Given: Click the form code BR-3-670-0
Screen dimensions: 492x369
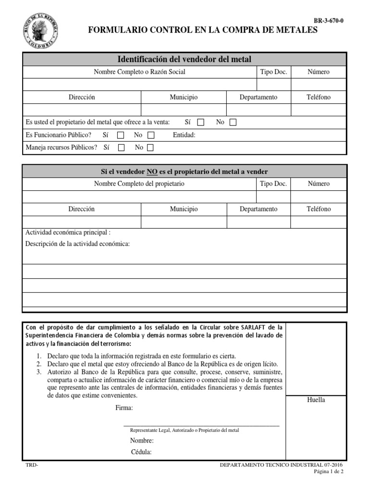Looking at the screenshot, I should pyautogui.click(x=329, y=21).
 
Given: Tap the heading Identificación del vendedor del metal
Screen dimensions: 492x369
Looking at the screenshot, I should pyautogui.click(x=184, y=59).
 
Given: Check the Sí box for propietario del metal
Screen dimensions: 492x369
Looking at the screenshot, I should pyautogui.click(x=201, y=123).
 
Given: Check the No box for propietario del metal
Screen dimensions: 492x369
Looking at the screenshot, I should pyautogui.click(x=233, y=123).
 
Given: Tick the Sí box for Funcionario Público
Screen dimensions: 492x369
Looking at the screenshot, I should pyautogui.click(x=121, y=135).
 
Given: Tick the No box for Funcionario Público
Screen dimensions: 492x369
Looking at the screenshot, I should pyautogui.click(x=151, y=135).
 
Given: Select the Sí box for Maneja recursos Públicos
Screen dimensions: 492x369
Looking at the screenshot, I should pyautogui.click(x=121, y=148).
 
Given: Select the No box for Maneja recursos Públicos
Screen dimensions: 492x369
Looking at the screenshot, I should pyautogui.click(x=151, y=148).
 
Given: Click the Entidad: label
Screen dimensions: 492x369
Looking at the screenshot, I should pyautogui.click(x=184, y=135).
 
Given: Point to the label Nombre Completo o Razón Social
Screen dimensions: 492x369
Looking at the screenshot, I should pyautogui.click(x=139, y=72).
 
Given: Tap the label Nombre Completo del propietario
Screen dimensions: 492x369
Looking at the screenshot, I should pyautogui.click(x=139, y=184).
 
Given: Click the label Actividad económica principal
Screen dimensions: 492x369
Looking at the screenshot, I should pyautogui.click(x=68, y=233).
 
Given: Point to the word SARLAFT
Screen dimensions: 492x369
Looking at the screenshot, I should pyautogui.click(x=244, y=327).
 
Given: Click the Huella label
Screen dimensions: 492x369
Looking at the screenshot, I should pyautogui.click(x=316, y=400).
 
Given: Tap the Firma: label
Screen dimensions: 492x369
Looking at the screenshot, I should pyautogui.click(x=124, y=408).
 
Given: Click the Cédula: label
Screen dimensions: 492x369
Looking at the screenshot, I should pyautogui.click(x=141, y=452).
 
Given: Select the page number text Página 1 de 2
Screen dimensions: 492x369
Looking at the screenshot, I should pyautogui.click(x=329, y=472).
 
